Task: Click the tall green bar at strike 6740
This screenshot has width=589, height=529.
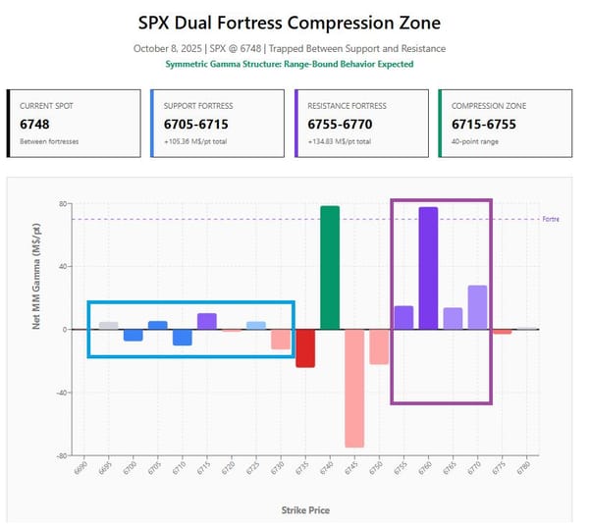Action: (x=330, y=267)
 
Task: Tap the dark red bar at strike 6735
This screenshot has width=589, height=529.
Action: (x=305, y=348)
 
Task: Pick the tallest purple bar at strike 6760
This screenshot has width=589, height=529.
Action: (x=428, y=268)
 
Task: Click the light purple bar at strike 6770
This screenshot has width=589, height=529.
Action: (x=477, y=307)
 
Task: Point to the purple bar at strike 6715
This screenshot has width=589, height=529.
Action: (x=207, y=321)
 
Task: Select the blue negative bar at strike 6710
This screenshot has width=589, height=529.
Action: (x=183, y=337)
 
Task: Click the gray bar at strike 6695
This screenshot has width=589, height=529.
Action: (x=109, y=325)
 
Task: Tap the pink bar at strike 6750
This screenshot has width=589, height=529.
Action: (x=379, y=346)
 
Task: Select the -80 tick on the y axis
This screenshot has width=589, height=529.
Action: (x=61, y=455)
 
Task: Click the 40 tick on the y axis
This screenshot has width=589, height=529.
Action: (x=61, y=267)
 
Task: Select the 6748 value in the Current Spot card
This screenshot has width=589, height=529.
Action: (x=35, y=125)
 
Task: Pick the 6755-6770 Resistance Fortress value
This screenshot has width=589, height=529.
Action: (x=335, y=125)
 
